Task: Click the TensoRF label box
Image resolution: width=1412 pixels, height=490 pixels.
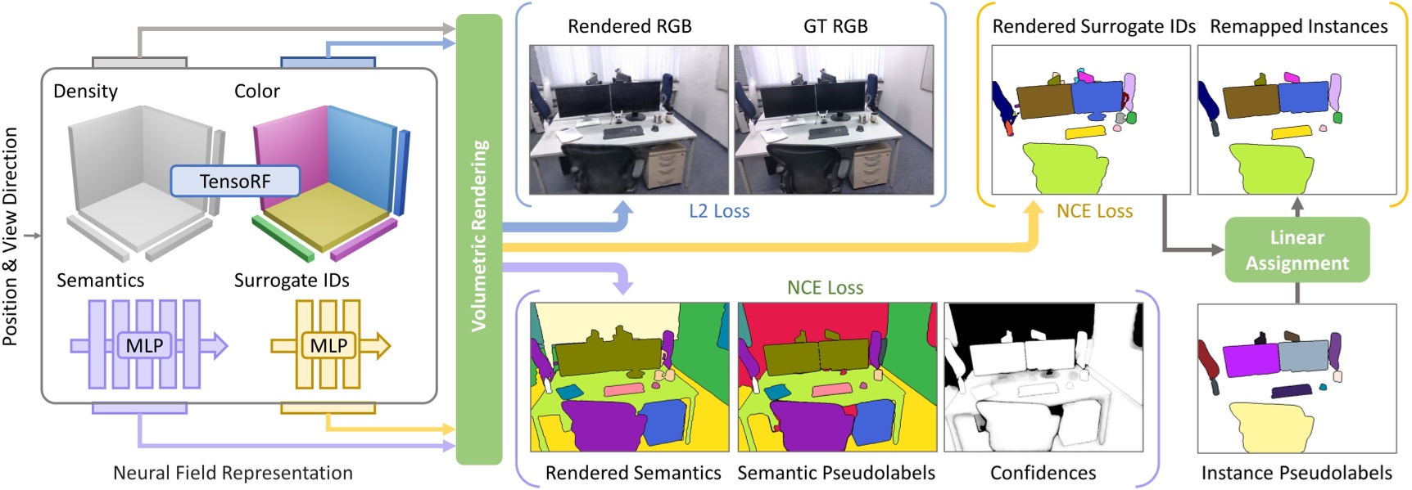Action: tap(235, 181)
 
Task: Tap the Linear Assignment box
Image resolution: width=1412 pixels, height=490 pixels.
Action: tap(1297, 249)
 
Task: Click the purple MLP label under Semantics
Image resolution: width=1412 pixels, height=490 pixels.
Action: tap(144, 345)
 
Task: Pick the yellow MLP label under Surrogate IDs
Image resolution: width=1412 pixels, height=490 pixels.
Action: tap(328, 345)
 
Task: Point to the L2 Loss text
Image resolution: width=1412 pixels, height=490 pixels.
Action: tap(719, 211)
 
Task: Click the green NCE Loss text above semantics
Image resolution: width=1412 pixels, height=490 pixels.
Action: tap(825, 288)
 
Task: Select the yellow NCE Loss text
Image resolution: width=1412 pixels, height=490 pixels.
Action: tap(1094, 211)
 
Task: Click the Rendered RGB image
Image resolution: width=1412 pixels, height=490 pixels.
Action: tap(629, 119)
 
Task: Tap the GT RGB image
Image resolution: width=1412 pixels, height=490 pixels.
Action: tap(834, 119)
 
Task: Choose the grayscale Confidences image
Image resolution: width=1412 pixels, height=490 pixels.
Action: tap(1043, 377)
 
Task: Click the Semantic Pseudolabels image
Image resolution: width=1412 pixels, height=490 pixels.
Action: tap(837, 377)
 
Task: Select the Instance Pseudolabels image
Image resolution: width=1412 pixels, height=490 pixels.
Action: tap(1297, 378)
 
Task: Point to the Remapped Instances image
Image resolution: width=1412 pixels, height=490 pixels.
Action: tap(1297, 119)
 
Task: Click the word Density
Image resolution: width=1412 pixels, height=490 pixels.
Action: tap(85, 91)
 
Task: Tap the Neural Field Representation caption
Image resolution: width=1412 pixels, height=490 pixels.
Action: tap(233, 473)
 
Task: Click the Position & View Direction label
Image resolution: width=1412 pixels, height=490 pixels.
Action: tap(10, 236)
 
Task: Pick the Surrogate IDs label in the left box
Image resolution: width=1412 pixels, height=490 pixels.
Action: tap(292, 281)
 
